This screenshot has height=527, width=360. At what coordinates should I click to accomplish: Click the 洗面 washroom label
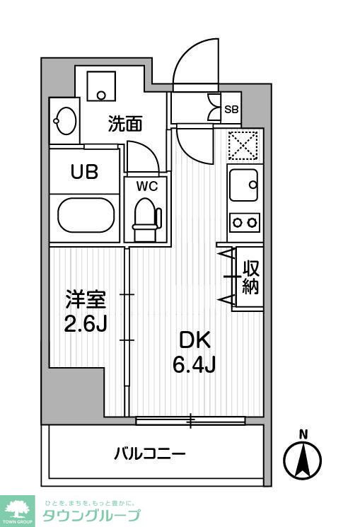coord(125,124)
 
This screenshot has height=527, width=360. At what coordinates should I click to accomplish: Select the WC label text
coord(146,186)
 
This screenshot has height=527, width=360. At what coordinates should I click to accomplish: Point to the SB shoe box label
coord(231,110)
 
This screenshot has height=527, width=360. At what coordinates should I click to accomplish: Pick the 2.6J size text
coord(86,326)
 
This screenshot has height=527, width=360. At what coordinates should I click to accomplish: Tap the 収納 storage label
coord(250,277)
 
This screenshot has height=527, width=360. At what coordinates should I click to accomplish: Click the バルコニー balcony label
coord(150,453)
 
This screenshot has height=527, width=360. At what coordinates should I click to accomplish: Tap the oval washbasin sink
coord(65,122)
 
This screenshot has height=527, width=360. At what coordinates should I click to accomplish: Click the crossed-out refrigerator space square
coord(245,146)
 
